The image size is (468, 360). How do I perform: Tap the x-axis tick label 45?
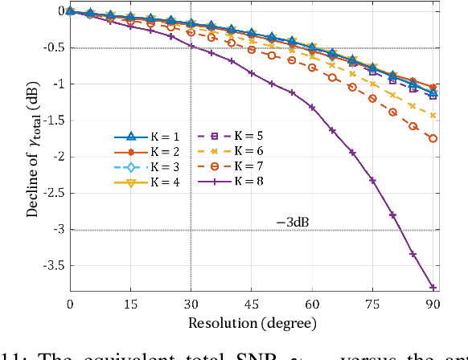(x=252, y=305)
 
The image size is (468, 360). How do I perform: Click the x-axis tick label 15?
(x=130, y=305)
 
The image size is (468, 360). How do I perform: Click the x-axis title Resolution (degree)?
(x=252, y=323)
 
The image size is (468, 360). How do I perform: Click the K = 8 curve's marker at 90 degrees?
(x=433, y=287)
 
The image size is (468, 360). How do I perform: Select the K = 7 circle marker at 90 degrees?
(x=433, y=138)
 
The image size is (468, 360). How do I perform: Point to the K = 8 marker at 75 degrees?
(x=372, y=180)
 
